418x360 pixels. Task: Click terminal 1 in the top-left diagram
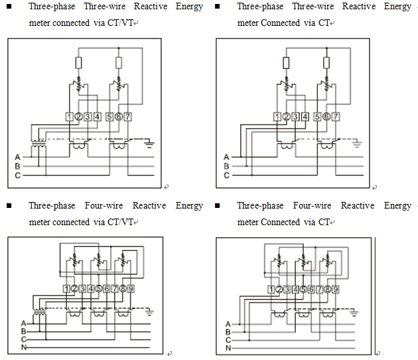click(x=70, y=117)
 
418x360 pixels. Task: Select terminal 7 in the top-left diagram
click(x=128, y=117)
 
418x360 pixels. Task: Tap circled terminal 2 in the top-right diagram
click(x=287, y=117)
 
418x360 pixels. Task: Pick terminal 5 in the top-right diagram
click(x=318, y=117)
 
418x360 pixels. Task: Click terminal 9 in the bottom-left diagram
click(x=131, y=289)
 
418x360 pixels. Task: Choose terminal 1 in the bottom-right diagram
click(x=271, y=289)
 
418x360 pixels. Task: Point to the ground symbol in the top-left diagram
click(x=149, y=142)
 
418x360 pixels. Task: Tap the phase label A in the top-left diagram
click(x=18, y=157)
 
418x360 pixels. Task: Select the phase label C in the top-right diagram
click(x=226, y=175)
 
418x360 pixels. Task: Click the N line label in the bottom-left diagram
click(x=23, y=347)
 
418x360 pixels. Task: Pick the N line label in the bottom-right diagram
click(x=228, y=347)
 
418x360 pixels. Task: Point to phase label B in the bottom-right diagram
click(x=228, y=331)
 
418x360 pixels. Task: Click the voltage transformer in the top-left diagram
click(x=38, y=144)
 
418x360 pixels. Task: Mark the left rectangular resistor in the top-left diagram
click(x=79, y=62)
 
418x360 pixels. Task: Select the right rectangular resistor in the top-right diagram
click(x=328, y=62)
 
